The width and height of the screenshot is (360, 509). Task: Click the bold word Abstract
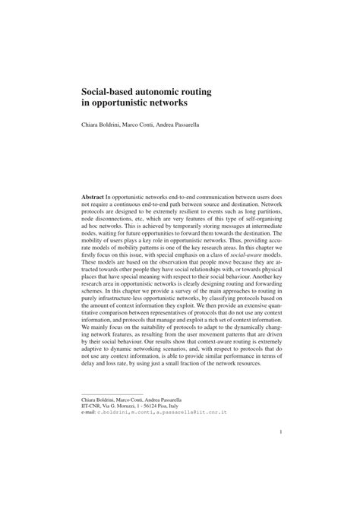tap(93, 196)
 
